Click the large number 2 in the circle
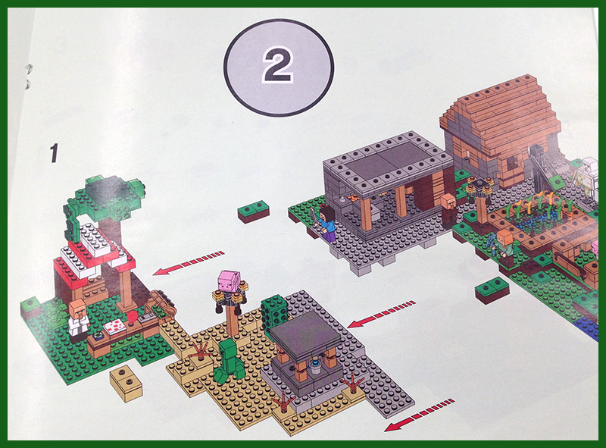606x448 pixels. [x=278, y=65]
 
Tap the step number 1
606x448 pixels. [x=54, y=153]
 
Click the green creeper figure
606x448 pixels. [x=228, y=359]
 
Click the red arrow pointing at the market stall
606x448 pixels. [x=189, y=263]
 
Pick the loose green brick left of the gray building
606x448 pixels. [x=254, y=211]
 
